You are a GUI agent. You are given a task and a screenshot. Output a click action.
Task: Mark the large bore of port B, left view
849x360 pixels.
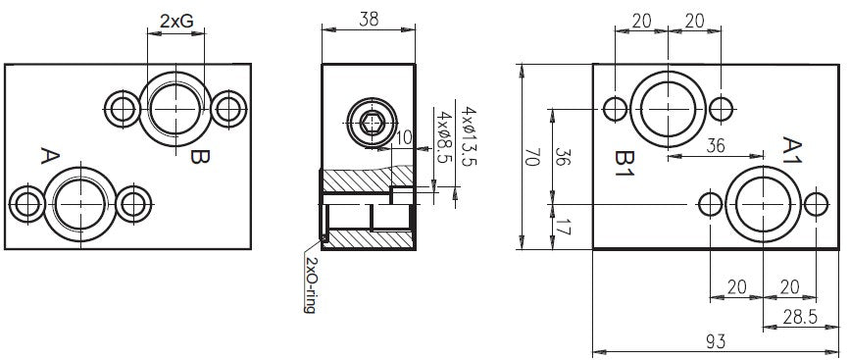175,107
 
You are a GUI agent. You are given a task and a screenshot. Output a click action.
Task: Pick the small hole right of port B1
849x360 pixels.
721,107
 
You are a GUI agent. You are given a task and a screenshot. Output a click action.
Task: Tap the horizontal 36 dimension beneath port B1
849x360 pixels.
716,145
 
